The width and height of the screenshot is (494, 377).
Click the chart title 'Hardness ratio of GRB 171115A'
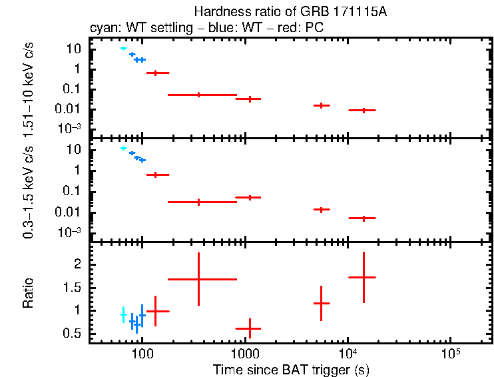click(291, 12)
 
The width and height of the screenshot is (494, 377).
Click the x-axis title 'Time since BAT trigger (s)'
click(291, 369)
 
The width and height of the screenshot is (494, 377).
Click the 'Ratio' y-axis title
click(29, 292)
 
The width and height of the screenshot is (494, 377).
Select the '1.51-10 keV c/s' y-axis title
click(29, 87)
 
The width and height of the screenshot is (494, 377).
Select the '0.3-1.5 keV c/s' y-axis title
click(29, 190)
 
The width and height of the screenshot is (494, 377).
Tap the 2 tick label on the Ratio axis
click(77, 264)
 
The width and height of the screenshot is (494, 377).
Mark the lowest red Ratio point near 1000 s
click(248, 328)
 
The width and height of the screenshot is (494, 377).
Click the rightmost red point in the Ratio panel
click(363, 277)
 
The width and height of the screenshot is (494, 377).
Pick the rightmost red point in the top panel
click(363, 110)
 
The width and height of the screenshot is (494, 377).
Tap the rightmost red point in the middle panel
click(363, 218)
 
